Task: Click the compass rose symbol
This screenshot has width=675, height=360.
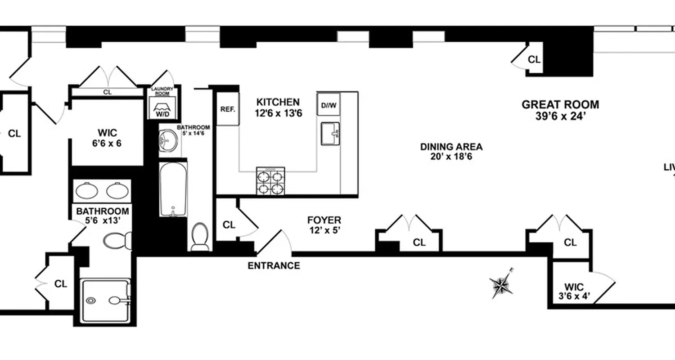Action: [501, 284]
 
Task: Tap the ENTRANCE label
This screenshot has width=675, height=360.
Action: [274, 265]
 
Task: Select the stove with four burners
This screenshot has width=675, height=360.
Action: [270, 181]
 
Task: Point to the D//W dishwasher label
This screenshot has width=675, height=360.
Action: [328, 106]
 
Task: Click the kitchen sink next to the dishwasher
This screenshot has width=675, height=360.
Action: [330, 134]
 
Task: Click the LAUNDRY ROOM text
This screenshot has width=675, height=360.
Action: [162, 91]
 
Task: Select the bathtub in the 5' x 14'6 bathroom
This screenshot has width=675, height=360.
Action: [173, 189]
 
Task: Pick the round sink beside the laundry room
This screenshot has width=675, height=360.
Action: [169, 140]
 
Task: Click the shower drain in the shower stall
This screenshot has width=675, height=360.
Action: [92, 300]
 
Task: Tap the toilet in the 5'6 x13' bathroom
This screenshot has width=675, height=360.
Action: [117, 241]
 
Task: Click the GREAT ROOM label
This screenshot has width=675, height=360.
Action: [560, 105]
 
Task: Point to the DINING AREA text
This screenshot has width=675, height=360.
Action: [451, 147]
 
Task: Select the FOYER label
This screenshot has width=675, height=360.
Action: [324, 220]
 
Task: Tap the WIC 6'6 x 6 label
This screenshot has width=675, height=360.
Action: [107, 138]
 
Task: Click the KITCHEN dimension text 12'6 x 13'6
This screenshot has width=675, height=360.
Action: [278, 113]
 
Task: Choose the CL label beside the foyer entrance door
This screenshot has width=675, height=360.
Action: [229, 225]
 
